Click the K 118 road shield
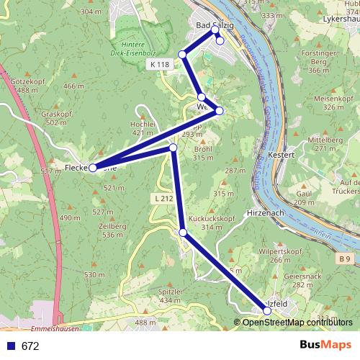tap(161, 65)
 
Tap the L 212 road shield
tap(162, 197)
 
